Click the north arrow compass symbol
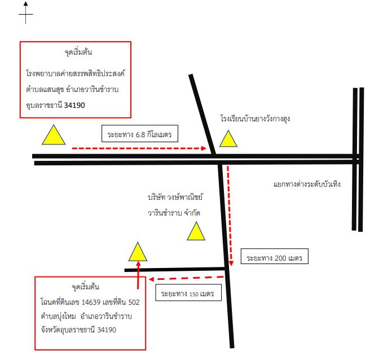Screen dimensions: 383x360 pyautogui.click(x=25, y=13)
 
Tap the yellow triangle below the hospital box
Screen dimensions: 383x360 pyautogui.click(x=54, y=135)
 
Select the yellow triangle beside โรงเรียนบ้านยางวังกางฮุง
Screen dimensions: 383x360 pyautogui.click(x=228, y=139)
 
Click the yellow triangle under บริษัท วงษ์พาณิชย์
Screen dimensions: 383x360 pyautogui.click(x=196, y=231)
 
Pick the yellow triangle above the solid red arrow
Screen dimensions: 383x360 pyautogui.click(x=138, y=252)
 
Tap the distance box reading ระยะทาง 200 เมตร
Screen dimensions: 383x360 pyautogui.click(x=275, y=256)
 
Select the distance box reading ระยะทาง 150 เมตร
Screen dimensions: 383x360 pyautogui.click(x=188, y=292)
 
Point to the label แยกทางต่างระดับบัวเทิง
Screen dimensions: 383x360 pyautogui.click(x=307, y=184)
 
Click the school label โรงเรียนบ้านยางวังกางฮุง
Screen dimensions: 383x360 pyautogui.click(x=255, y=119)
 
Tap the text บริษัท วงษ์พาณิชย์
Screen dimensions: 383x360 pyautogui.click(x=175, y=197)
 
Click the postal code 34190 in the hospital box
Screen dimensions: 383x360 pyautogui.click(x=74, y=105)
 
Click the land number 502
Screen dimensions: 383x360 pyautogui.click(x=134, y=302)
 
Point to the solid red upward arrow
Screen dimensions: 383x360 pyautogui.click(x=138, y=275)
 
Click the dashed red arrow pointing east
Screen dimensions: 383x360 pyautogui.click(x=139, y=148)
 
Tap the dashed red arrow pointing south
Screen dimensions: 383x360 pyautogui.click(x=230, y=216)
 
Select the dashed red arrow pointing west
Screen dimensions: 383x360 pyautogui.click(x=186, y=278)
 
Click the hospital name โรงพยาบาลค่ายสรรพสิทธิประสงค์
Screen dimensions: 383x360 pyautogui.click(x=76, y=73)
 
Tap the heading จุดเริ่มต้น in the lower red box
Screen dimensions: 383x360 pyautogui.click(x=86, y=287)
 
